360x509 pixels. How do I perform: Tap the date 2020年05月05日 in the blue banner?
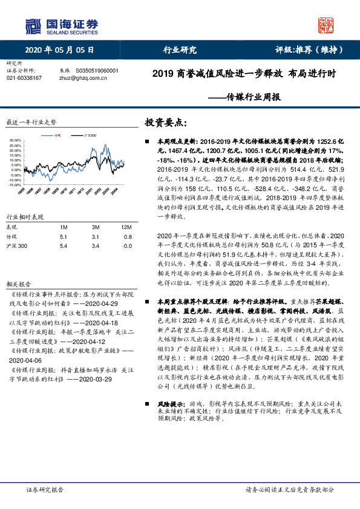click(59, 50)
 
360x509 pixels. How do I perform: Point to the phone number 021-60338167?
click(24, 78)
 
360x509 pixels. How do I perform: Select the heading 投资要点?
click(162, 122)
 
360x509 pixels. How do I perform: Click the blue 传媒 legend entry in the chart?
click(56, 135)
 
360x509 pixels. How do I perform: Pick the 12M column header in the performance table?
click(127, 226)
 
